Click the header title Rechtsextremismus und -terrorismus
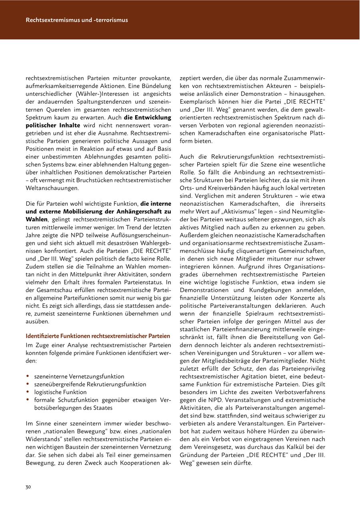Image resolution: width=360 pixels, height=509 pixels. pyautogui.click(x=77, y=20)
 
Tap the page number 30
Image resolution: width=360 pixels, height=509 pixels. pyautogui.click(x=28, y=487)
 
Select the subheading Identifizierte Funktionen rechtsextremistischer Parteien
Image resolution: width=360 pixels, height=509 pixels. pyautogui.click(x=98, y=336)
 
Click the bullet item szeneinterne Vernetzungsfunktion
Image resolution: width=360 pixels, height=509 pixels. pyautogui.click(x=79, y=377)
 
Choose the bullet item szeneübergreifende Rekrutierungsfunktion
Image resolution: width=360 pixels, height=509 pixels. pyautogui.click(x=90, y=384)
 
